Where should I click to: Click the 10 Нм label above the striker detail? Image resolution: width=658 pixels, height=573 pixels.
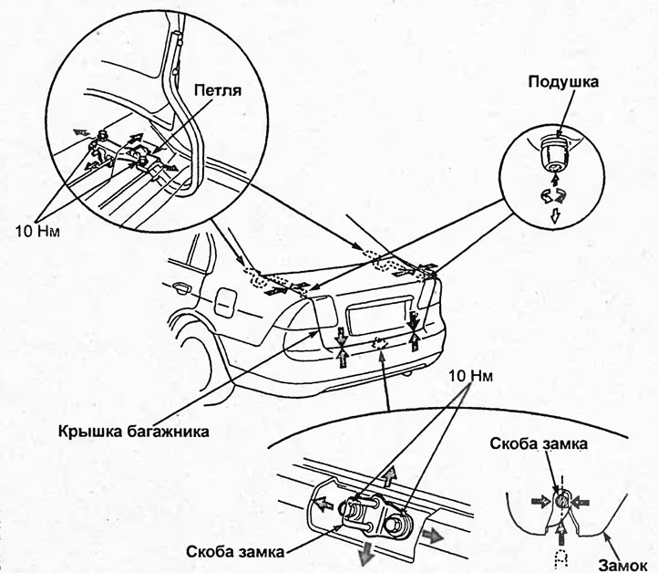[x=471, y=378]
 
